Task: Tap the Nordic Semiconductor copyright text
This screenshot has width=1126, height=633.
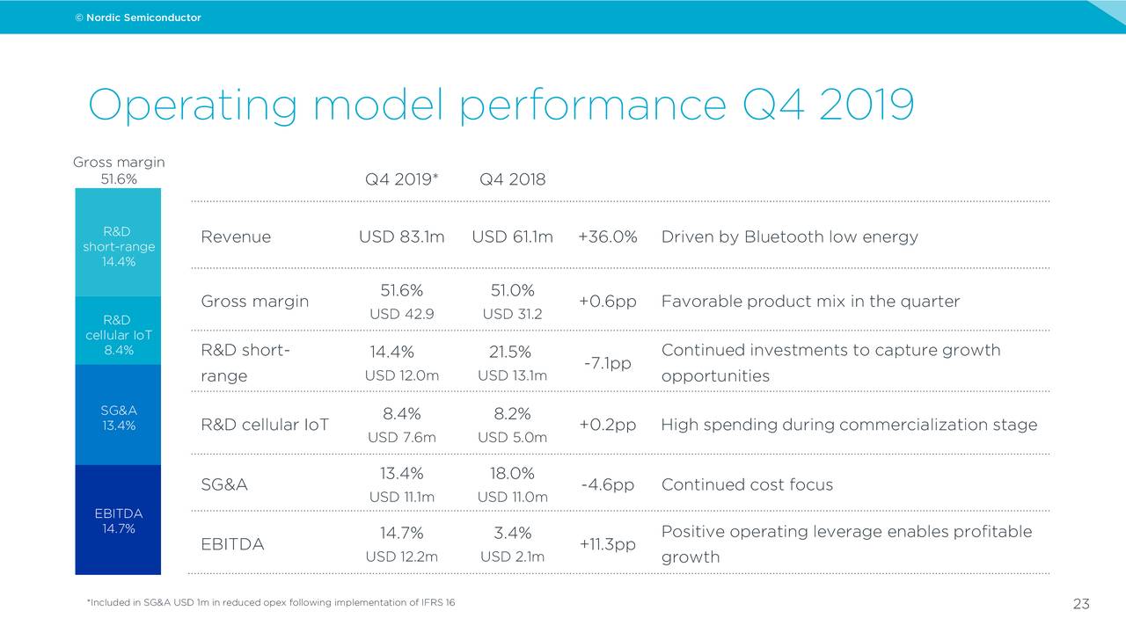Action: tap(138, 18)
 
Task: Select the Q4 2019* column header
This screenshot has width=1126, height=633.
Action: tap(401, 179)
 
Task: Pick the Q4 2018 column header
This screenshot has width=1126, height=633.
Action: tap(512, 179)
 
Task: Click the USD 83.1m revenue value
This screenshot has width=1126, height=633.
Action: tap(401, 237)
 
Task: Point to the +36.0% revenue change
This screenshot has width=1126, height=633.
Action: tap(607, 237)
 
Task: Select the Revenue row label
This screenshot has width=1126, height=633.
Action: tap(236, 237)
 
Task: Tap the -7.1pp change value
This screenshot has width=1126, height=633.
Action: tap(607, 363)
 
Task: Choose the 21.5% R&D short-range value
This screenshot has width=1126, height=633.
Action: tap(510, 352)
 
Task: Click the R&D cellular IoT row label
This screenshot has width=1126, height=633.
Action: tap(265, 426)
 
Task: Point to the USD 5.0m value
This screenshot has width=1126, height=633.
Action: tap(512, 438)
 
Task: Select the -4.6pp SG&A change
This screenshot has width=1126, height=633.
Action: tap(607, 485)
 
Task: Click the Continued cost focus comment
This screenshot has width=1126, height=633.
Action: tap(747, 485)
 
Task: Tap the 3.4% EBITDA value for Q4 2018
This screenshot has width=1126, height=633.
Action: tap(512, 533)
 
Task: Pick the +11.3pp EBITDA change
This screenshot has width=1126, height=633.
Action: tap(607, 544)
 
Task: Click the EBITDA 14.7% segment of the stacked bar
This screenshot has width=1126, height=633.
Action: tap(118, 520)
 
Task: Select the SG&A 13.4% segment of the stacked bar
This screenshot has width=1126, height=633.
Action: tap(118, 418)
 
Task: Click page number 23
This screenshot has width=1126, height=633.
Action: tap(1081, 604)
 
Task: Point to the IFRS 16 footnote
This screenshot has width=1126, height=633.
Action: tap(271, 602)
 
